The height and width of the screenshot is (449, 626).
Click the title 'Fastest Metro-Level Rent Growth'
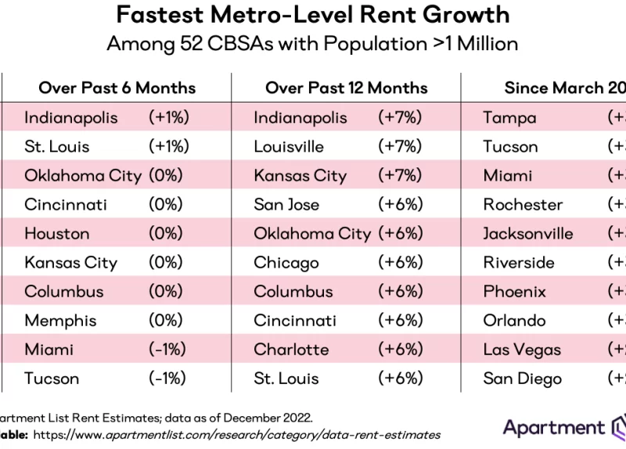pos(313,14)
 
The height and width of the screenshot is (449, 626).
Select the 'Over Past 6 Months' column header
pos(117,88)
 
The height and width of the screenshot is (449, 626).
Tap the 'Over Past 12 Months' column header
pos(346,88)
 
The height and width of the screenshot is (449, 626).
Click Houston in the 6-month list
pos(56,233)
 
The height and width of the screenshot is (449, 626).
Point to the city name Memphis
pos(60,321)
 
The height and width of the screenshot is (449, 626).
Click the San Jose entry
pos(286,204)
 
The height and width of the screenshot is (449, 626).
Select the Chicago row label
pos(286,263)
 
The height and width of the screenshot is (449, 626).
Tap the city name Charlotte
pos(291,350)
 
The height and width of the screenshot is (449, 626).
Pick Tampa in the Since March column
pos(509,117)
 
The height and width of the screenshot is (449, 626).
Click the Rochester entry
pos(523,204)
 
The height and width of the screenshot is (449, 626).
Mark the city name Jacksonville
pos(527,233)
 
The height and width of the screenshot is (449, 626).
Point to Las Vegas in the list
pos(522,350)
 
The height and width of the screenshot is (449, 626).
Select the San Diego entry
pos(522,379)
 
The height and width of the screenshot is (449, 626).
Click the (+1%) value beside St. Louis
pos(169,146)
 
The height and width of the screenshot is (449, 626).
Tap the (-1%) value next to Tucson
pos(167,379)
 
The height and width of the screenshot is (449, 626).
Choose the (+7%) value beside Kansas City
pos(400,175)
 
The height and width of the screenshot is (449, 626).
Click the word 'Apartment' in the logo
pos(553,428)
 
